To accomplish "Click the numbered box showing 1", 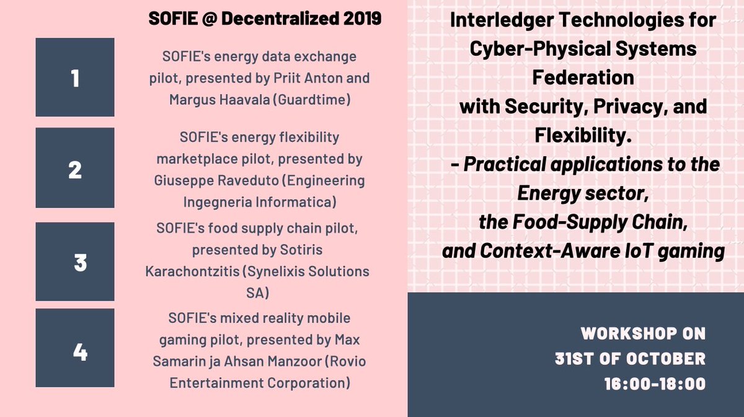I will [x=75, y=77].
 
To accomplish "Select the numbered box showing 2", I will [x=75, y=168].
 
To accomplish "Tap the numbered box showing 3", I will [x=75, y=262].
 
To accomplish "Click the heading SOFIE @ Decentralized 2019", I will [x=265, y=19].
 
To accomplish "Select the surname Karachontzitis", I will [x=208, y=271].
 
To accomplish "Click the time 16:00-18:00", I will [x=655, y=384].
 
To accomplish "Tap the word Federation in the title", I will [x=583, y=78].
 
